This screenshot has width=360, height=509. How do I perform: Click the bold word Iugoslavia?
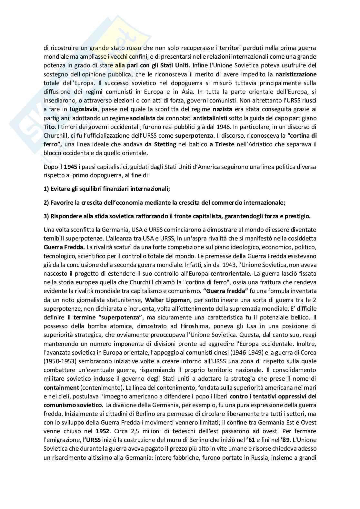click(x=83, y=109)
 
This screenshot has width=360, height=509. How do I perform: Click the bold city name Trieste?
click(x=222, y=144)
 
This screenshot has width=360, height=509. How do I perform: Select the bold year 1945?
click(x=71, y=167)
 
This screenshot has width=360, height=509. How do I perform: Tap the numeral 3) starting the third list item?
click(x=46, y=216)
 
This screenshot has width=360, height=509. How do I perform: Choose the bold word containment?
click(x=61, y=387)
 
